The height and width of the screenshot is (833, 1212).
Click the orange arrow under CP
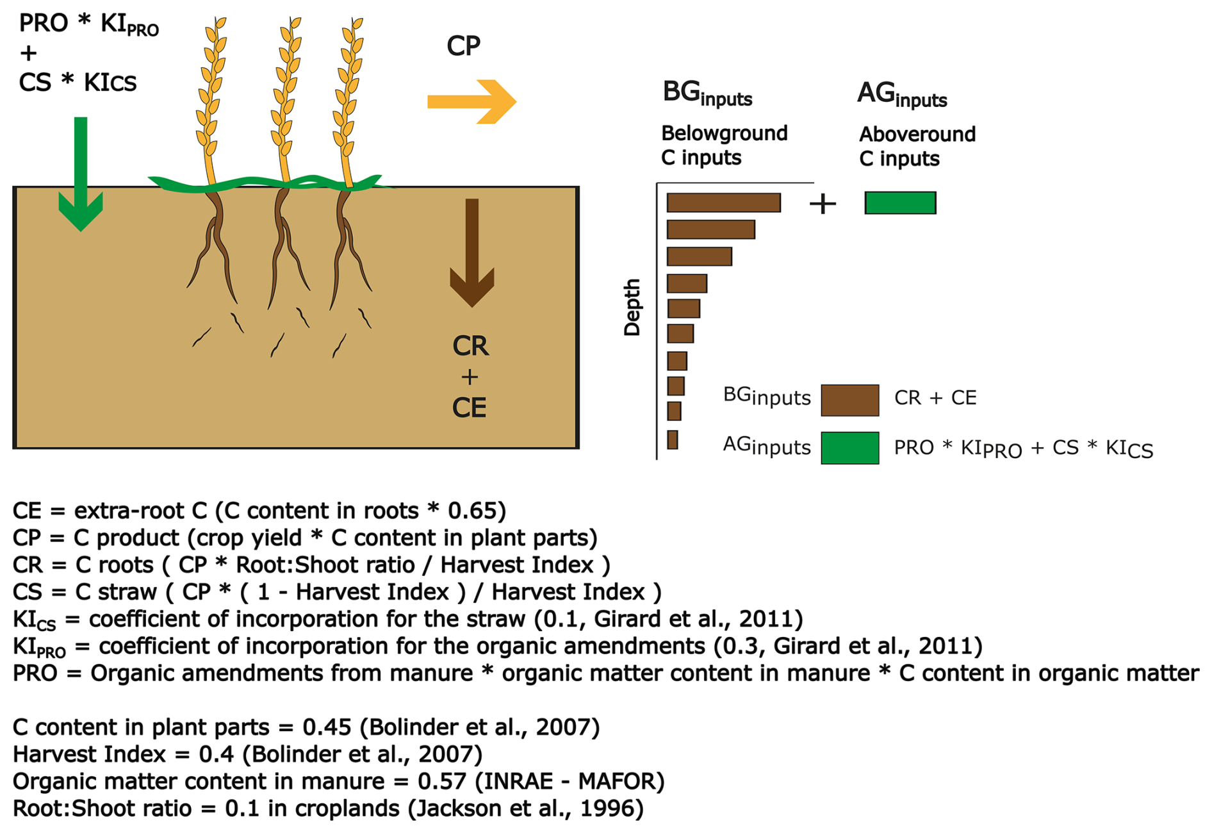click(x=471, y=101)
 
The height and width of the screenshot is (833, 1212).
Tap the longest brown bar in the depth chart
click(x=723, y=202)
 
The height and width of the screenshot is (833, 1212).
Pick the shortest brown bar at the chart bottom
click(x=672, y=440)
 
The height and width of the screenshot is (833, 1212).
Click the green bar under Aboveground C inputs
click(x=900, y=202)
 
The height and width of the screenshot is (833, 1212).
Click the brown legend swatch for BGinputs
click(x=849, y=400)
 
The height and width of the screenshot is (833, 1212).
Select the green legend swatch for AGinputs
click(x=849, y=447)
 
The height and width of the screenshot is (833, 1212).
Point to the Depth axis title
click(x=632, y=307)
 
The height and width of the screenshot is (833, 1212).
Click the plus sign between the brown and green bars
click(x=823, y=204)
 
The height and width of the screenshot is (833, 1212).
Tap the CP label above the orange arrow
click(x=463, y=46)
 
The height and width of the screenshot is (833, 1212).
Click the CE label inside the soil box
click(x=470, y=408)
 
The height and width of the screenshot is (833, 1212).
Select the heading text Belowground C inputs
click(x=724, y=145)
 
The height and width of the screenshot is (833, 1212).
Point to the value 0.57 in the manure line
click(x=441, y=781)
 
